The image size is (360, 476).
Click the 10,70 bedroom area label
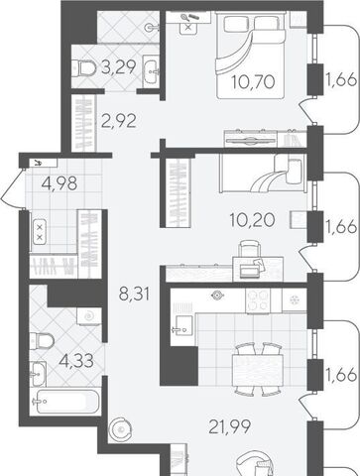click(x=253, y=82)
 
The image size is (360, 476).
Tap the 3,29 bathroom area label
click(x=118, y=67)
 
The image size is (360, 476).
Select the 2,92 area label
click(x=119, y=121)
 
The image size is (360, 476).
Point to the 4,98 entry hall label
click(x=60, y=182)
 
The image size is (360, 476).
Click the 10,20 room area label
click(x=253, y=219)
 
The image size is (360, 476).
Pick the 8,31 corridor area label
click(x=134, y=294)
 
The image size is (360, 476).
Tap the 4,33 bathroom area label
click(x=76, y=360)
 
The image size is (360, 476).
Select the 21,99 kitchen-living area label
click(x=230, y=426)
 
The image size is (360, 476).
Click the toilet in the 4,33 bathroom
click(x=42, y=341)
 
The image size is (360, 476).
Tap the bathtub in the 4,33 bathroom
click(x=64, y=402)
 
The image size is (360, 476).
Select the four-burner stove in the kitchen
click(x=258, y=300)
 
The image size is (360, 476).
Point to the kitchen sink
click(x=182, y=324)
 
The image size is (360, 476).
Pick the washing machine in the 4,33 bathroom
click(x=89, y=316)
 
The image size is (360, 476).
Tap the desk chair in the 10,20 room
click(x=249, y=249)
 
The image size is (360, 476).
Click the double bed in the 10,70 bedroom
click(x=250, y=55)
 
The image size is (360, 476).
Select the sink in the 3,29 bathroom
click(x=152, y=70)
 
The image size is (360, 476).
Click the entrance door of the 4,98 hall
click(x=13, y=189)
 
